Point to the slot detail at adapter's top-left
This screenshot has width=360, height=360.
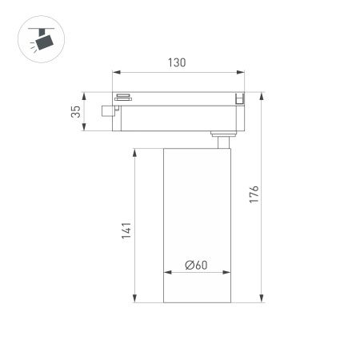123,97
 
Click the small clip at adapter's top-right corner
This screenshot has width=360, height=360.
238,98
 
